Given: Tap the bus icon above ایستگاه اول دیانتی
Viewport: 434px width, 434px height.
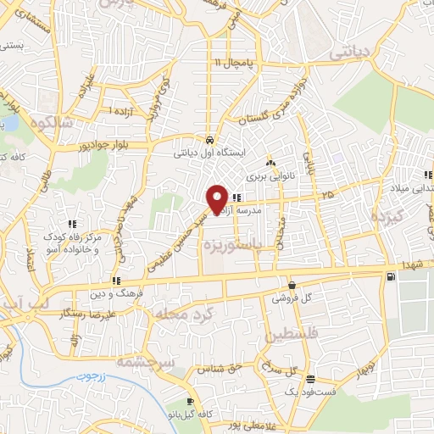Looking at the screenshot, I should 209,140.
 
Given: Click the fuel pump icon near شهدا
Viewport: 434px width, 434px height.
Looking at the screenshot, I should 390,276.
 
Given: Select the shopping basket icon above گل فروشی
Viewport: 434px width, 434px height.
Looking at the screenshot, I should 292,286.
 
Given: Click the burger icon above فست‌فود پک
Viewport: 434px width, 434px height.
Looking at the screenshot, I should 311,380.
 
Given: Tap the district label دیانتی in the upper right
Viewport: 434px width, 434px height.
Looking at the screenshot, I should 350,52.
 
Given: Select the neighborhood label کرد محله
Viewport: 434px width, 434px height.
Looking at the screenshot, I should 179,315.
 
